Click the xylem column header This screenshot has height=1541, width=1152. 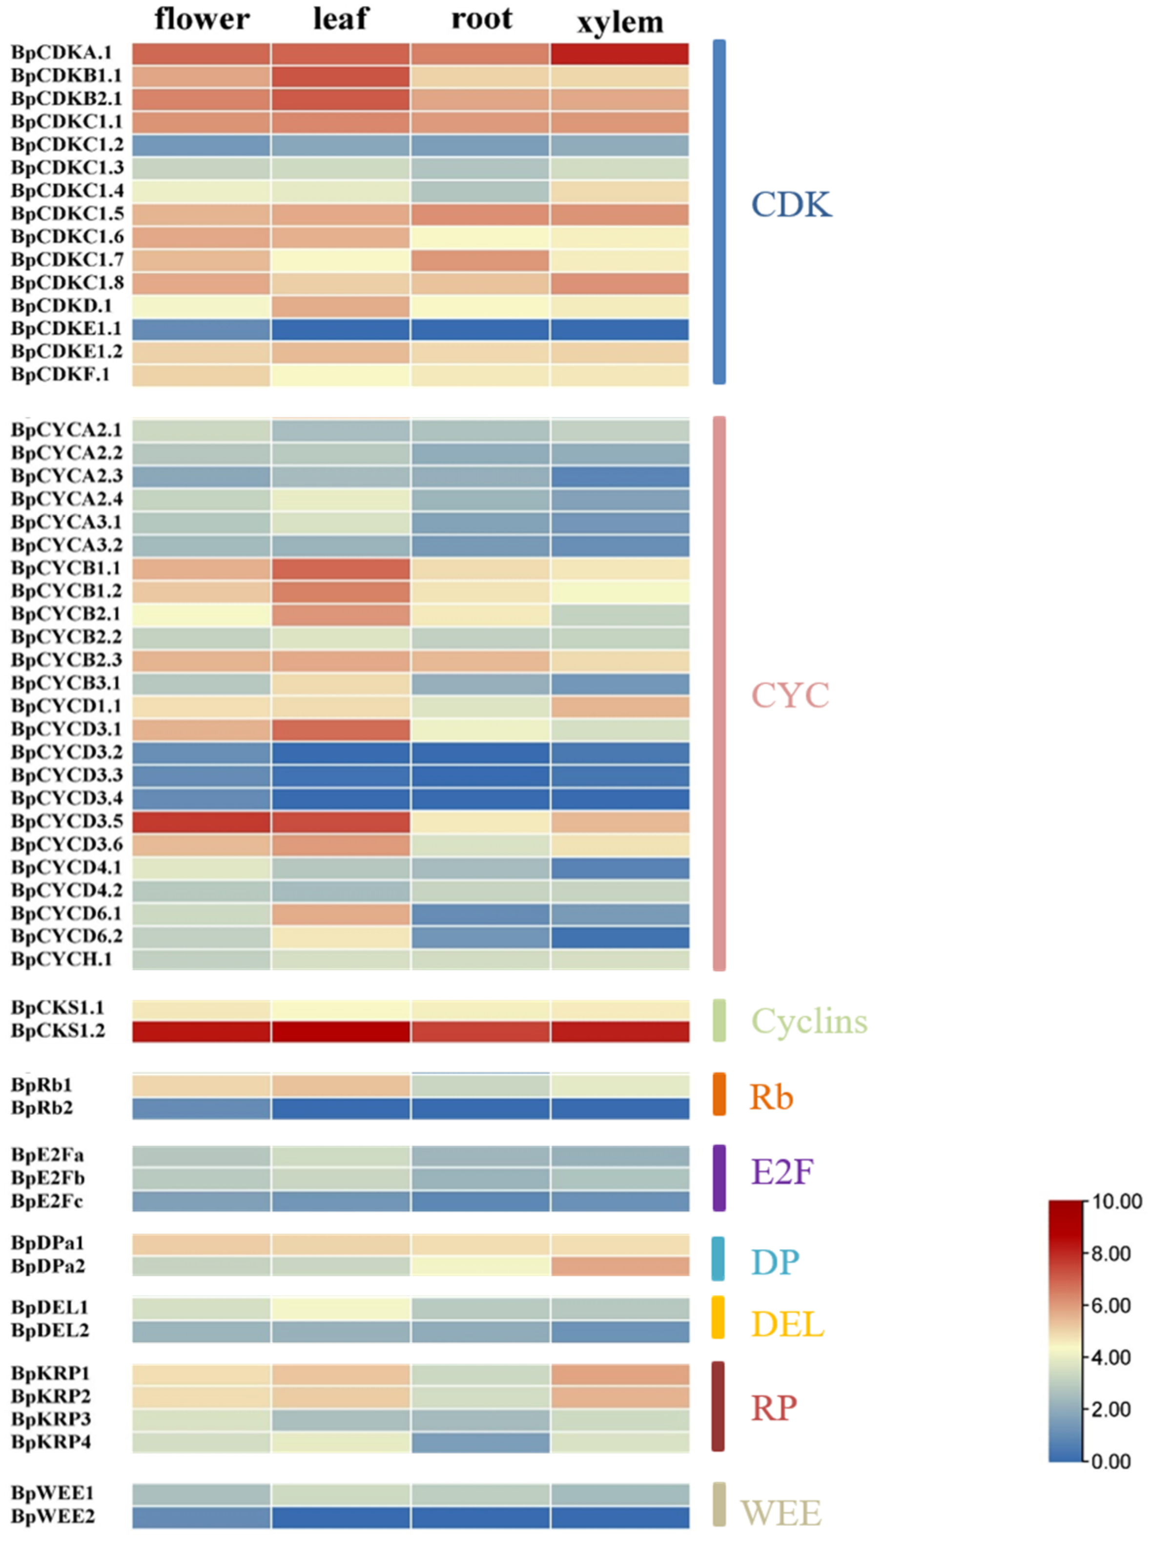[620, 23]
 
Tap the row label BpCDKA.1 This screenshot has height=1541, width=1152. [62, 53]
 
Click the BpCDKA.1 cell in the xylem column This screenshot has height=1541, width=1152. [620, 54]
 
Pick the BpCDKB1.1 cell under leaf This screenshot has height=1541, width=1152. [341, 77]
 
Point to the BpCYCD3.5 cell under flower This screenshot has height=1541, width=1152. [201, 822]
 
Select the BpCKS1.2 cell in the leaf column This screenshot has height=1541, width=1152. [341, 1032]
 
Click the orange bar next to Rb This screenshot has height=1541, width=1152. [719, 1094]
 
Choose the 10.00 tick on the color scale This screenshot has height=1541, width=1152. [1116, 1202]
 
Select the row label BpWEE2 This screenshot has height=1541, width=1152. [53, 1517]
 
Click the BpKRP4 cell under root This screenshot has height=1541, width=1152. [481, 1443]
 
